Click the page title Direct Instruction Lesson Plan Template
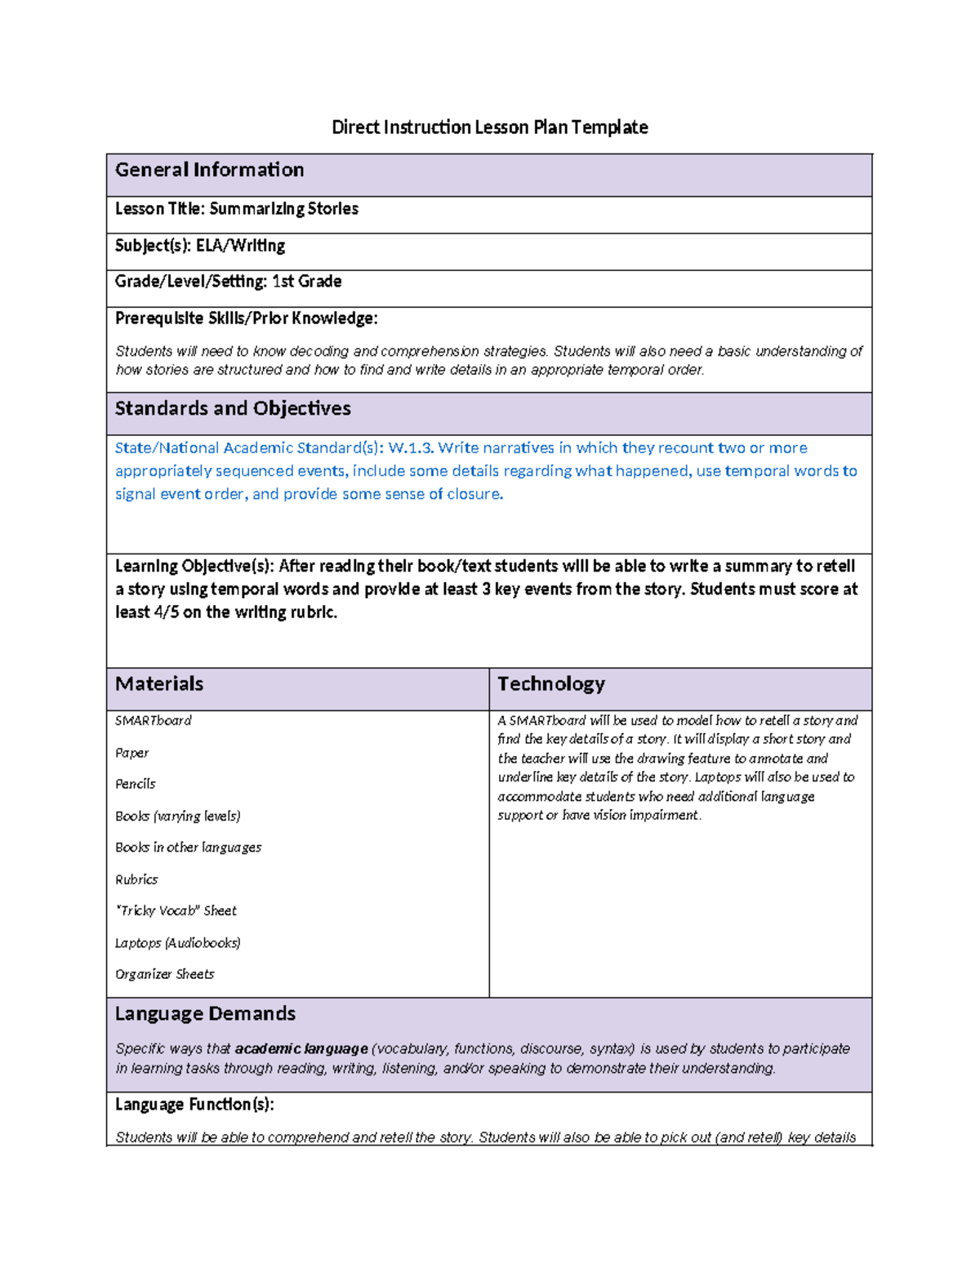coord(489,127)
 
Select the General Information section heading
coord(209,170)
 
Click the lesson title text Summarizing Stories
coord(283,209)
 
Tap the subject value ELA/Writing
coord(240,246)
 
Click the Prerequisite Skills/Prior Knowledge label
coord(246,318)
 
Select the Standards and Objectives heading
coord(233,408)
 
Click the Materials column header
coord(159,683)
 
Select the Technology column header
coord(551,683)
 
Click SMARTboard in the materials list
coord(153,720)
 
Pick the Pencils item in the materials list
coord(135,784)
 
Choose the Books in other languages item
coord(188,848)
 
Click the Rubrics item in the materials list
coord(136,879)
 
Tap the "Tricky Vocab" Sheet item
coord(176,910)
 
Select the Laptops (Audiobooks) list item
coord(177,943)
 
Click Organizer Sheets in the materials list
coord(164,974)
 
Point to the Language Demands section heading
coord(205,1014)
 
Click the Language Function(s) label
coord(194,1105)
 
